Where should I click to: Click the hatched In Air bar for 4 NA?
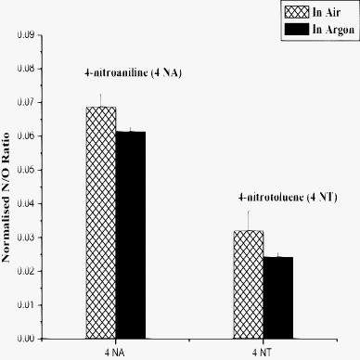click(x=101, y=223)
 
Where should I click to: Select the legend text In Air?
click(x=326, y=12)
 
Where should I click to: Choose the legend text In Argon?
click(x=331, y=30)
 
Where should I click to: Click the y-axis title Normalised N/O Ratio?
click(x=8, y=186)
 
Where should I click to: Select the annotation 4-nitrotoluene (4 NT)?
click(x=270, y=196)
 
